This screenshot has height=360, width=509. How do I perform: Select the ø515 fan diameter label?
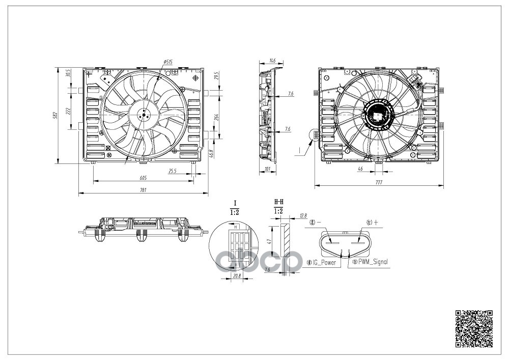tap(168, 62)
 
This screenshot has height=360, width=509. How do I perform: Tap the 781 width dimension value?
tap(143, 190)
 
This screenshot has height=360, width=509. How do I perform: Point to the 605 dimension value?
tap(143, 178)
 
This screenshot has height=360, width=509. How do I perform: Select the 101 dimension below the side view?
tap(267, 169)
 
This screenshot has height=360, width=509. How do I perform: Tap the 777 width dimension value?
tap(379, 182)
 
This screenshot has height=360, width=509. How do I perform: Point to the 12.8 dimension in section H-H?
tap(303, 216)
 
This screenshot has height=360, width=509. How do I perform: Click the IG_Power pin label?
tap(324, 263)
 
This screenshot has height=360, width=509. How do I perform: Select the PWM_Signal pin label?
tap(372, 262)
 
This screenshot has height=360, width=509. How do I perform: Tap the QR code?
tap(473, 329)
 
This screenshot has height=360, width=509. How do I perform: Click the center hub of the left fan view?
tap(143, 115)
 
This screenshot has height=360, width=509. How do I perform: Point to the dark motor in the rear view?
tap(377, 115)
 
